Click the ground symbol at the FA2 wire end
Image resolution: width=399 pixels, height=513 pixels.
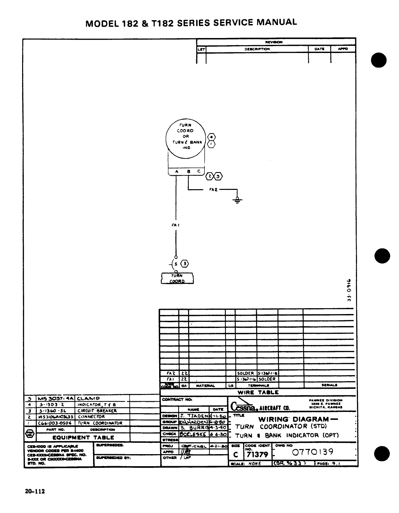(x=238, y=199)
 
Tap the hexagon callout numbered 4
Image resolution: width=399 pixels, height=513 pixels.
(x=212, y=137)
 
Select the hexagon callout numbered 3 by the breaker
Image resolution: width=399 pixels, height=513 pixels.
(x=185, y=264)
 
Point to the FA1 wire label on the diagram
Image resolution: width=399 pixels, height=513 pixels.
(x=176, y=225)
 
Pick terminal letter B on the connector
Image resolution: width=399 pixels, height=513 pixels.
(x=188, y=171)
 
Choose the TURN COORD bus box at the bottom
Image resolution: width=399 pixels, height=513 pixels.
(x=177, y=278)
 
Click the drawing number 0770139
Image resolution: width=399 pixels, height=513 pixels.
(x=313, y=452)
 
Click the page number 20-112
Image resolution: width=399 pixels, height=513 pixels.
(x=34, y=491)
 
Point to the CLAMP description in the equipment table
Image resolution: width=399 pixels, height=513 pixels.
(x=89, y=398)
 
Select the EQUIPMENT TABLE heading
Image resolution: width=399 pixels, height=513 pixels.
(x=84, y=437)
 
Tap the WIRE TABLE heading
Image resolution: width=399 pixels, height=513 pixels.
(x=258, y=392)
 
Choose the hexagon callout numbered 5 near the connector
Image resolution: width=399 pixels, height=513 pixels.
(x=219, y=176)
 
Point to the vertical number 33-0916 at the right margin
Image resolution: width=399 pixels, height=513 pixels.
(x=349, y=289)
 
